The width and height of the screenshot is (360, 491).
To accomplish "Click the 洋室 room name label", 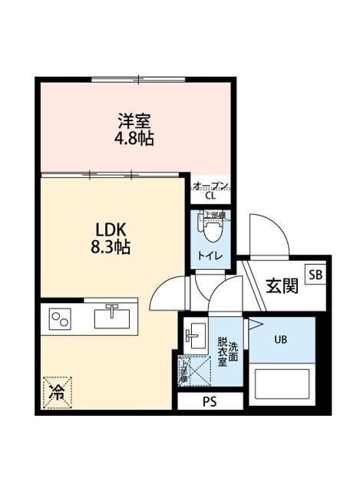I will tap(134, 120).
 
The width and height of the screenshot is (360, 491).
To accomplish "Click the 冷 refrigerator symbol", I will tap(57, 390).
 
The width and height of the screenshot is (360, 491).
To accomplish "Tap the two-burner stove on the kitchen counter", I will tap(61, 318).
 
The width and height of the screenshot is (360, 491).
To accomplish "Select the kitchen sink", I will tap(111, 316).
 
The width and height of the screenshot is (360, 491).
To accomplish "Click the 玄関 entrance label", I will tap(282, 286).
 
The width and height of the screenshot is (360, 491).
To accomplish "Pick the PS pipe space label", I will tap(210, 401).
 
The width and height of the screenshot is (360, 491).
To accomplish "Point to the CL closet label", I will tap(210, 195).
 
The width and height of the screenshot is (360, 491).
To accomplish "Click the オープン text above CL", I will tap(210, 185).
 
